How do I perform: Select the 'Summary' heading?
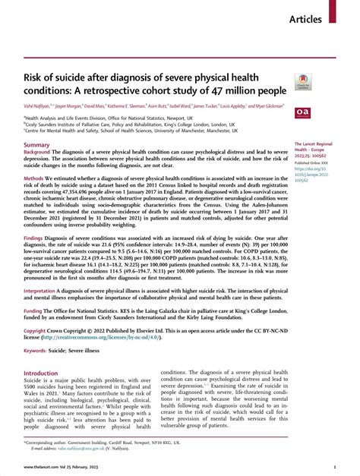click(x=36, y=123)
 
